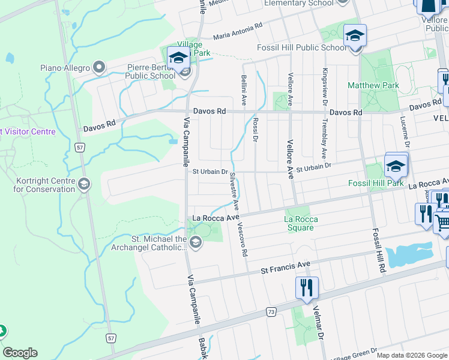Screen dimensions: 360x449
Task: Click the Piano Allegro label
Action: click(64, 68)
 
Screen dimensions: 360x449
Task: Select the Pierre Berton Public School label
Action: click(150, 72)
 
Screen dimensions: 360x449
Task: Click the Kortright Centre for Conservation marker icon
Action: click(85, 184)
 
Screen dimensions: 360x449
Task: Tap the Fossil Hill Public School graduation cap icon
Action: click(355, 37)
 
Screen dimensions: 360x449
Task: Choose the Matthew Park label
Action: click(373, 86)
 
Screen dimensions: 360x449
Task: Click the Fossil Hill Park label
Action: click(376, 183)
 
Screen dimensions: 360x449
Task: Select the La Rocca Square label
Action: click(301, 220)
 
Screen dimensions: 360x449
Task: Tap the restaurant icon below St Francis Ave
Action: click(306, 287)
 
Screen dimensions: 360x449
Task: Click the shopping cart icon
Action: click(443, 223)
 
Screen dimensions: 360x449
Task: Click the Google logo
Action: click(20, 353)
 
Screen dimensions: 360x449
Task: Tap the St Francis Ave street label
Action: click(285, 267)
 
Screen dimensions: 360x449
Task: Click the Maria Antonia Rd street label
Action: click(238, 31)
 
